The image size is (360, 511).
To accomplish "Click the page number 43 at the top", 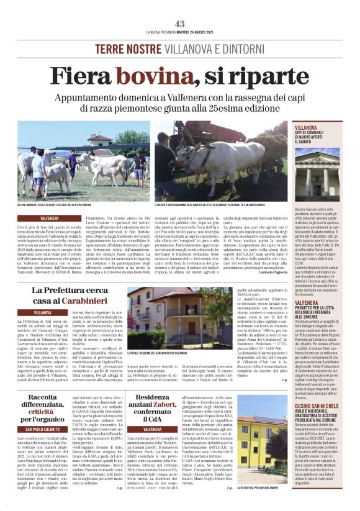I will pos(180,24).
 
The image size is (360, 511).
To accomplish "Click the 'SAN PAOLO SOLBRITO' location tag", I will pos(50,428).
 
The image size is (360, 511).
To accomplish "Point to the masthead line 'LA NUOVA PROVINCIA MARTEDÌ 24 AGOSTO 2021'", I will pos(180,32).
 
